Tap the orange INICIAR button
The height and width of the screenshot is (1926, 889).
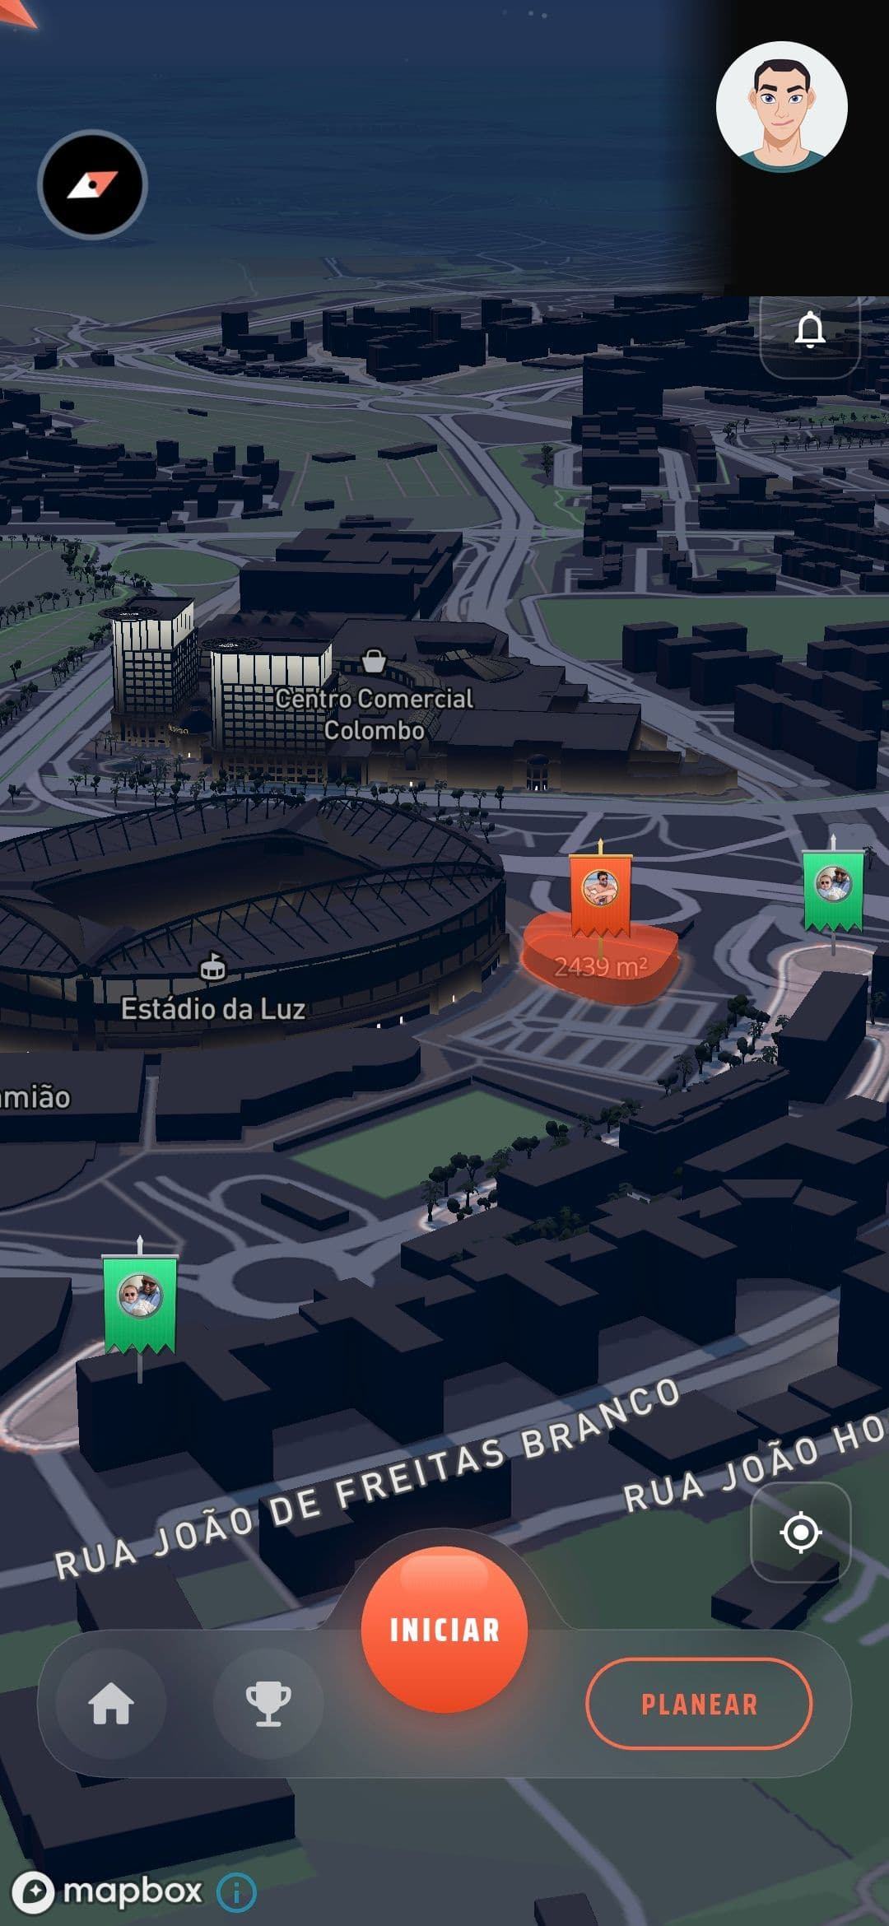coord(444,1630)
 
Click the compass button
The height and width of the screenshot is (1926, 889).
coord(92,184)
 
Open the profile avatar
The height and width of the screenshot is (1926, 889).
coord(781,107)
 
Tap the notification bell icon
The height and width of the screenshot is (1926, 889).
coord(810,330)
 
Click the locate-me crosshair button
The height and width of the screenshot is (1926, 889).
coord(801,1533)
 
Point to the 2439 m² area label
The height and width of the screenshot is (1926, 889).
coord(600,966)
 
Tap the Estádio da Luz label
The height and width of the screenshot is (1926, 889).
coord(213,1008)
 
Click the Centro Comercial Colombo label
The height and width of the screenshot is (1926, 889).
coord(374,714)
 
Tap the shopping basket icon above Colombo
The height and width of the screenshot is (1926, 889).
coord(374,660)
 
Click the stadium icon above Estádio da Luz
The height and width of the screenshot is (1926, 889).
coord(212,968)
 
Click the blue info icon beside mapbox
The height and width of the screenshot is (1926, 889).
coord(236,1892)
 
